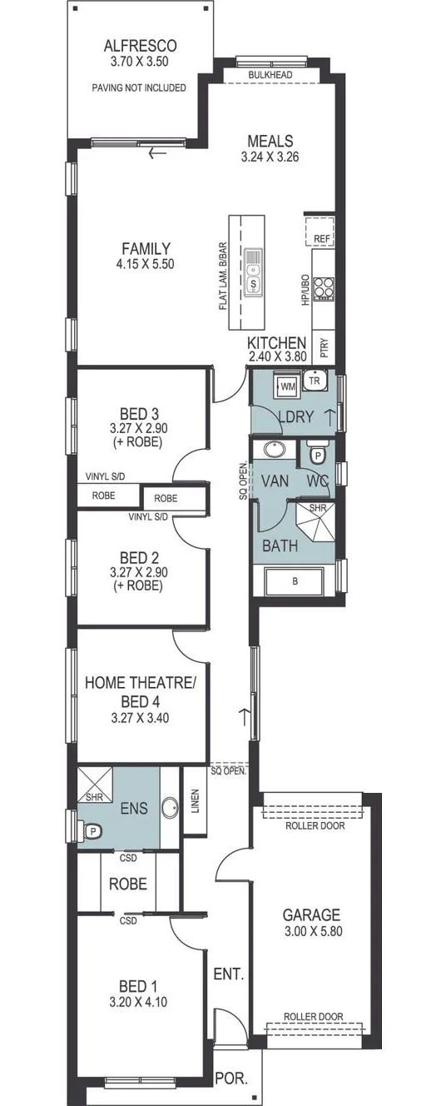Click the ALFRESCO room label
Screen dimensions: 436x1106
140,46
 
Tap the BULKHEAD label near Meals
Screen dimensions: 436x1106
270,75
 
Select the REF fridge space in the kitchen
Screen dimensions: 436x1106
320,232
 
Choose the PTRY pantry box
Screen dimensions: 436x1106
324,347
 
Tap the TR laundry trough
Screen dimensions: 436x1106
315,380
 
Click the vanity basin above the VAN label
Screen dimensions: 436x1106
274,450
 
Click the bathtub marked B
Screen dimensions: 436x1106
295,581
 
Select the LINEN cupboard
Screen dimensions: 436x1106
195,801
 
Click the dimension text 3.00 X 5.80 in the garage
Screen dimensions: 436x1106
313,931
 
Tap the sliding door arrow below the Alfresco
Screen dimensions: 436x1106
158,153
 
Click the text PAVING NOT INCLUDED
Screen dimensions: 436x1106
139,88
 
